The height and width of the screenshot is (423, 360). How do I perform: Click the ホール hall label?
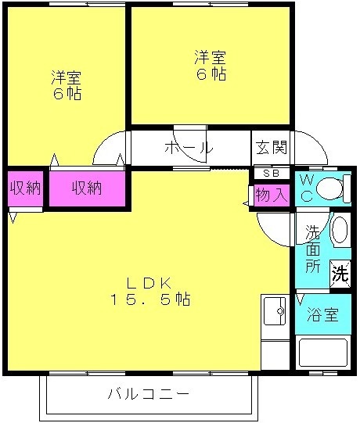(189, 148)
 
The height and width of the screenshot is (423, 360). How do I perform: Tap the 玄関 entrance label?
(272, 148)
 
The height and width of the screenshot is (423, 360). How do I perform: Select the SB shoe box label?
(272, 174)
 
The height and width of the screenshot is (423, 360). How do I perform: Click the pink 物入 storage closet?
(272, 195)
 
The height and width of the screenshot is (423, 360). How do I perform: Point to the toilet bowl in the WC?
(330, 188)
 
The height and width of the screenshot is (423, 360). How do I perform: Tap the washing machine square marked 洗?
(340, 274)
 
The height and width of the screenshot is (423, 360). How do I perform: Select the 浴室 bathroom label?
(322, 314)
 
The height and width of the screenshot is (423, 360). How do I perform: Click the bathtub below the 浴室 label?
(323, 353)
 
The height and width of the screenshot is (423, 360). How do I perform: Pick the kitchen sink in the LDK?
(275, 310)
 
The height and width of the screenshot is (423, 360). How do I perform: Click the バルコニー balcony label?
(149, 394)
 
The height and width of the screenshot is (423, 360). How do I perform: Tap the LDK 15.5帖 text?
(150, 292)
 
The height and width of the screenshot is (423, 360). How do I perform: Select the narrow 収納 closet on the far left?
(25, 188)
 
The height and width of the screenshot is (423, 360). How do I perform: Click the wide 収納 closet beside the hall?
(87, 188)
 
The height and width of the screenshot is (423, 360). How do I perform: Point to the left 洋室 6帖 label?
(67, 85)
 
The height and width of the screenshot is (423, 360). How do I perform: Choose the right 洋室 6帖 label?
(211, 65)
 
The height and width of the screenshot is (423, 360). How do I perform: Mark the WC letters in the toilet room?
(307, 188)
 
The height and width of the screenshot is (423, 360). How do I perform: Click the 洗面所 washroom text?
(313, 249)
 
